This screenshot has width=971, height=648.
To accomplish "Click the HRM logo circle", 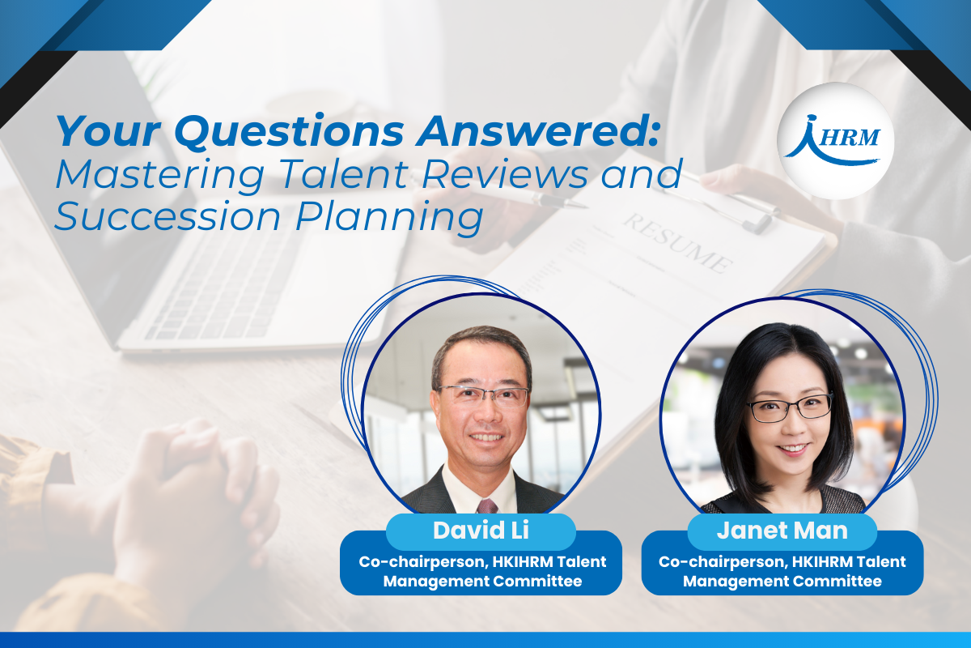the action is [x=835, y=141].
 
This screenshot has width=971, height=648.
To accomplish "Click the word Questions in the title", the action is [x=290, y=131].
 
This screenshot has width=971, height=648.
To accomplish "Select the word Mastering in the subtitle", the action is [x=160, y=175].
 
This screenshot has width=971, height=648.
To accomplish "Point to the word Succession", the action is [x=167, y=216].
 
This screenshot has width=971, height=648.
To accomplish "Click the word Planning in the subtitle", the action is [x=389, y=219].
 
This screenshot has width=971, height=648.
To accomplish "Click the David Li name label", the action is [x=481, y=531].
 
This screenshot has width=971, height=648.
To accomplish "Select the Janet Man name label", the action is [x=782, y=531].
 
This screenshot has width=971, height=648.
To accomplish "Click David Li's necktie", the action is [x=487, y=506].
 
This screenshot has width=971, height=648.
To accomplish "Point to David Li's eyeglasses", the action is [x=484, y=395].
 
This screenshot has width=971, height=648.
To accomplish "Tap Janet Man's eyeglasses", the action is [x=790, y=408].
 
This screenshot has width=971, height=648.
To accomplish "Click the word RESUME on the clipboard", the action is [x=678, y=243].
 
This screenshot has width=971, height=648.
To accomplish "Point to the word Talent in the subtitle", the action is [x=345, y=174].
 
